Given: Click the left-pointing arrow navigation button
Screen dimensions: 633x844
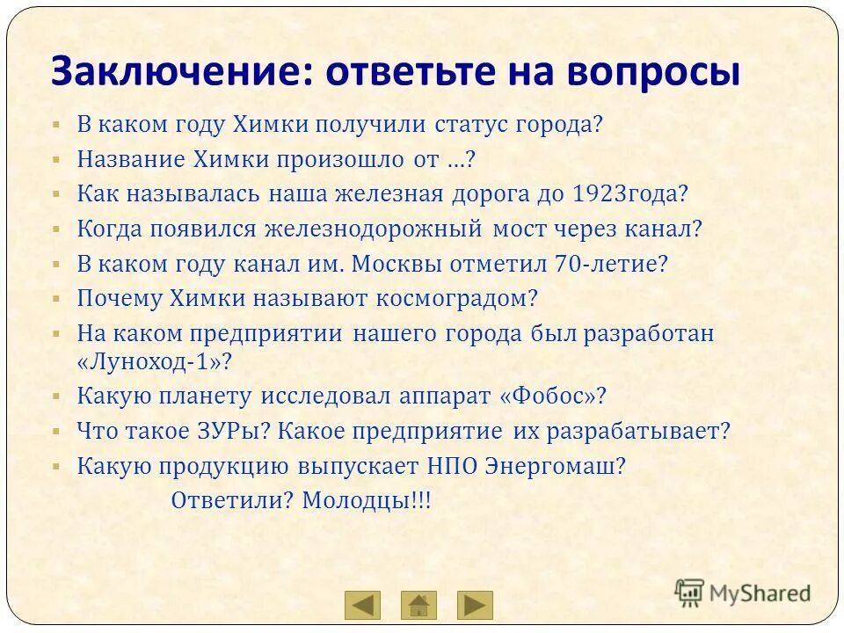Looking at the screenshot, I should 362,605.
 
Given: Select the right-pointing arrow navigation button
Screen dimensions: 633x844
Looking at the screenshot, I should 475,605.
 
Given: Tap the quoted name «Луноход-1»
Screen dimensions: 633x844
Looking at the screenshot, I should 155,361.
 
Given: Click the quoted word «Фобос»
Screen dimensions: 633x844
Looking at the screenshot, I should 553,397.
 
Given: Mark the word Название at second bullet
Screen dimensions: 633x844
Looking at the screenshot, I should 131,159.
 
